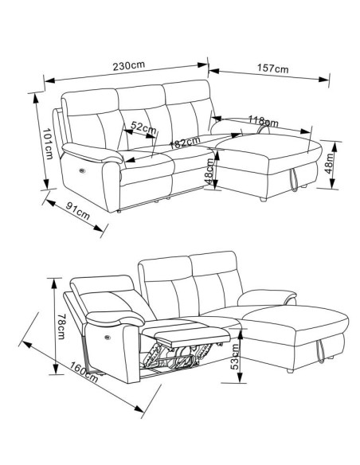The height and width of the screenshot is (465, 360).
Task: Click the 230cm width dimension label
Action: [129, 65]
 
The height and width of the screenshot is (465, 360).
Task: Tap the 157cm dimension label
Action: [272, 68]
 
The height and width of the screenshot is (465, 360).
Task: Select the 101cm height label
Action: [48, 143]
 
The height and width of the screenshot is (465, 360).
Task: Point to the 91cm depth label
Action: [78, 210]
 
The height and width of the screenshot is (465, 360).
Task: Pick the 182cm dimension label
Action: [185, 143]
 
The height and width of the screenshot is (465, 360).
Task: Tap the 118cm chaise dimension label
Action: [264, 121]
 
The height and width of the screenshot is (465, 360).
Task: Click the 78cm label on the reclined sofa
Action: [61, 326]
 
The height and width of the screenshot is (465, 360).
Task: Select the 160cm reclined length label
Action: [84, 372]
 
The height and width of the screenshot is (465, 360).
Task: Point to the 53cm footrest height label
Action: [235, 357]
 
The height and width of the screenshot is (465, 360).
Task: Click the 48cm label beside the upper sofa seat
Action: [209, 171]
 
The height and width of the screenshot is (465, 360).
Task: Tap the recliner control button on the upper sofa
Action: [82, 170]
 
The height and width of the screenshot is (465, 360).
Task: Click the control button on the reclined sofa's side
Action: [108, 337]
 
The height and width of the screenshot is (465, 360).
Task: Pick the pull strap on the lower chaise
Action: [321, 352]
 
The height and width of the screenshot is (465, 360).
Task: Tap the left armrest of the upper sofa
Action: [92, 153]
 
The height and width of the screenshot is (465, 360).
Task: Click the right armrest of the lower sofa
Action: [267, 298]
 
